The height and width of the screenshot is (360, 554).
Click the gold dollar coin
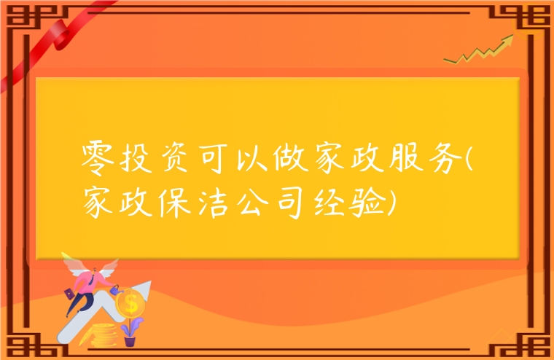click(x=131, y=302)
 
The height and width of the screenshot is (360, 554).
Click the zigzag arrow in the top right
click(x=482, y=50)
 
